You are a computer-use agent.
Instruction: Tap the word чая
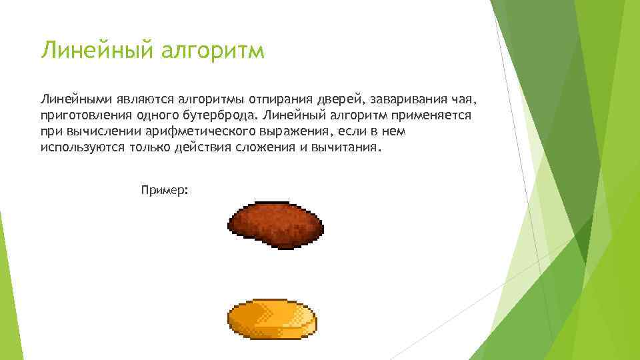465,99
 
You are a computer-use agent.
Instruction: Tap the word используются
79,147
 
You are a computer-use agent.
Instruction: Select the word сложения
265,147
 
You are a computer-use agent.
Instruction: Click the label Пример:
165,190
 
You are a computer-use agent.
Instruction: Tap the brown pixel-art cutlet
273,223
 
